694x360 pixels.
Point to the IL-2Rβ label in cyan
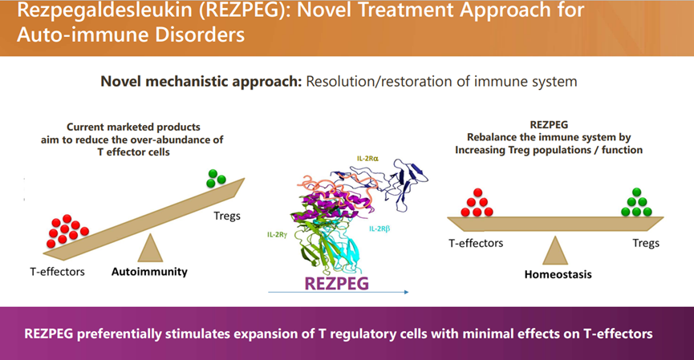point(381,229)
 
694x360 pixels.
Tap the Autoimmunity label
point(149,272)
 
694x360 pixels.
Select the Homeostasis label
point(554,273)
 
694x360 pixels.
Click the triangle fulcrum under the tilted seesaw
point(150,248)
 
